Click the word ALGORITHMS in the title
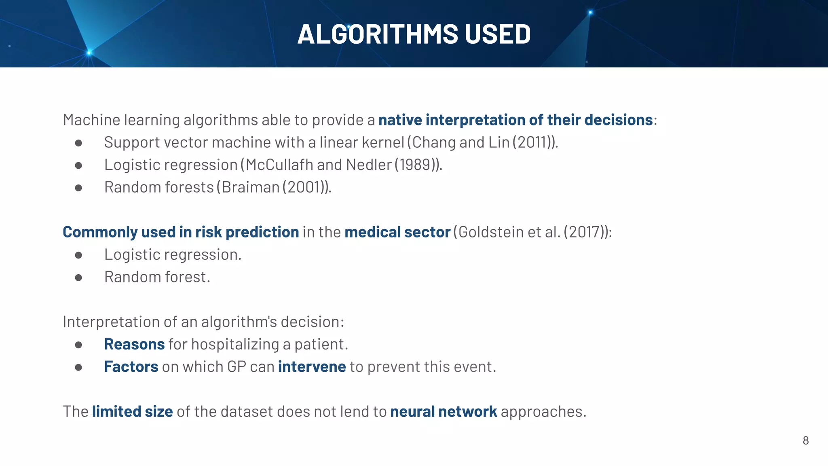(x=378, y=34)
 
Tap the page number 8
(x=805, y=441)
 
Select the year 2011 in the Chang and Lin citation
(x=531, y=142)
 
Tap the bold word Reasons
(x=134, y=344)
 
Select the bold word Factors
(x=131, y=366)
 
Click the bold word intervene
(x=312, y=366)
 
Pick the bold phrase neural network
(x=443, y=411)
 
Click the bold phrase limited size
(x=132, y=411)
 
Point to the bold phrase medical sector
(x=397, y=232)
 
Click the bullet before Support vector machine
(x=78, y=143)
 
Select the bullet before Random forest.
(x=78, y=277)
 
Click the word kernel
(x=383, y=142)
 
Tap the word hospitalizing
(x=235, y=344)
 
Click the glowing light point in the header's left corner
(x=89, y=52)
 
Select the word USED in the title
(x=497, y=34)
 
